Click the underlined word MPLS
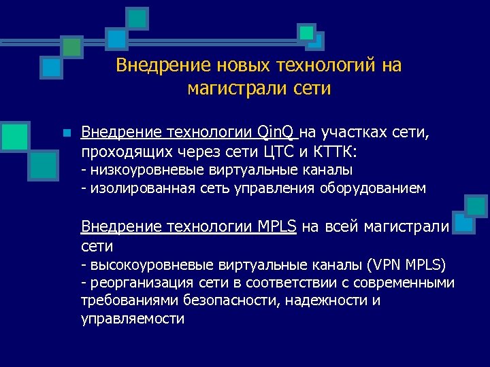pos(276,226)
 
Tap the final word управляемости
pos(133,319)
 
